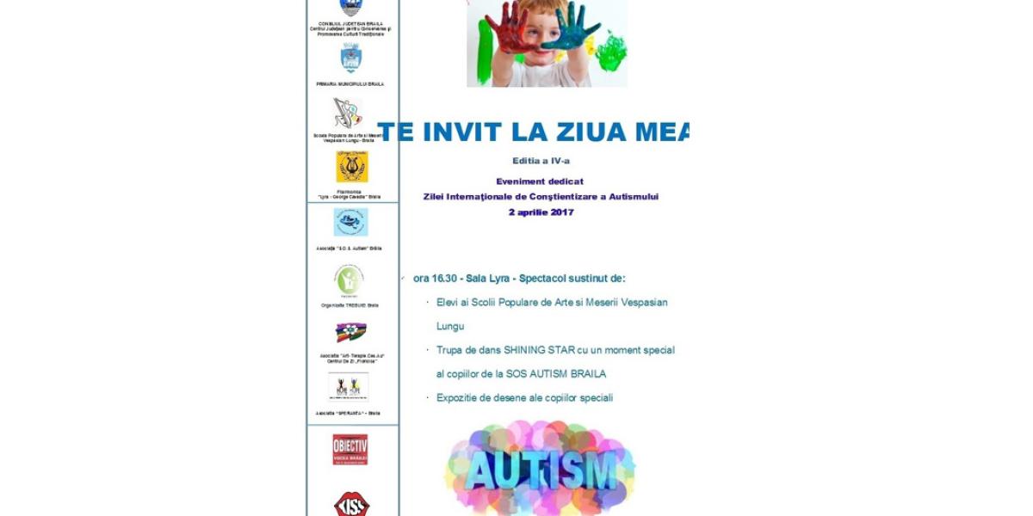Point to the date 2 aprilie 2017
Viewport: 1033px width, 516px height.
point(541,212)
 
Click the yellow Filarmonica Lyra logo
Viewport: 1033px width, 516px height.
point(351,166)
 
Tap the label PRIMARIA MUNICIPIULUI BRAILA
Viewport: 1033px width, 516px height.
point(350,84)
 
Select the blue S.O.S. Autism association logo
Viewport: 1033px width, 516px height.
point(350,222)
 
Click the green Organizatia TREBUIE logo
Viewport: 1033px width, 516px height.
point(349,280)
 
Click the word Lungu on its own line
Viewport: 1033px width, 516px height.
point(450,326)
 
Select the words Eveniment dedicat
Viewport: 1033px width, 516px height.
point(540,181)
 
